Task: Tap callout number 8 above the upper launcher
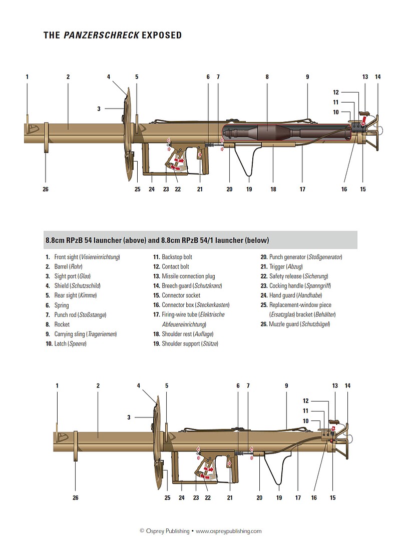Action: [267, 77]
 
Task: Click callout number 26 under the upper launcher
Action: [46, 189]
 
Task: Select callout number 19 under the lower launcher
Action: [279, 498]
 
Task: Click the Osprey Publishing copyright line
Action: [200, 531]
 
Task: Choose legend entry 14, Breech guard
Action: [188, 286]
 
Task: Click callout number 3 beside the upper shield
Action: [99, 108]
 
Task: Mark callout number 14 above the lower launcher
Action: [347, 386]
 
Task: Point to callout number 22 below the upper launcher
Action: [178, 189]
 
